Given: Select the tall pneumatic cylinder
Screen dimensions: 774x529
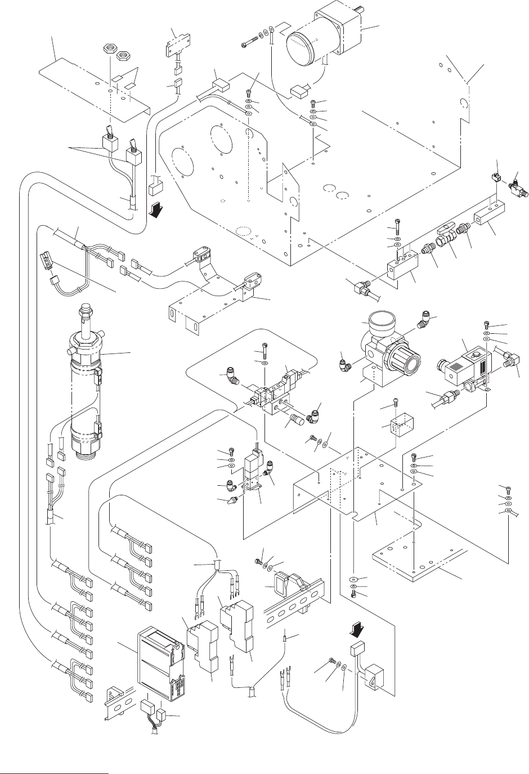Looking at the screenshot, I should (86, 383).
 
